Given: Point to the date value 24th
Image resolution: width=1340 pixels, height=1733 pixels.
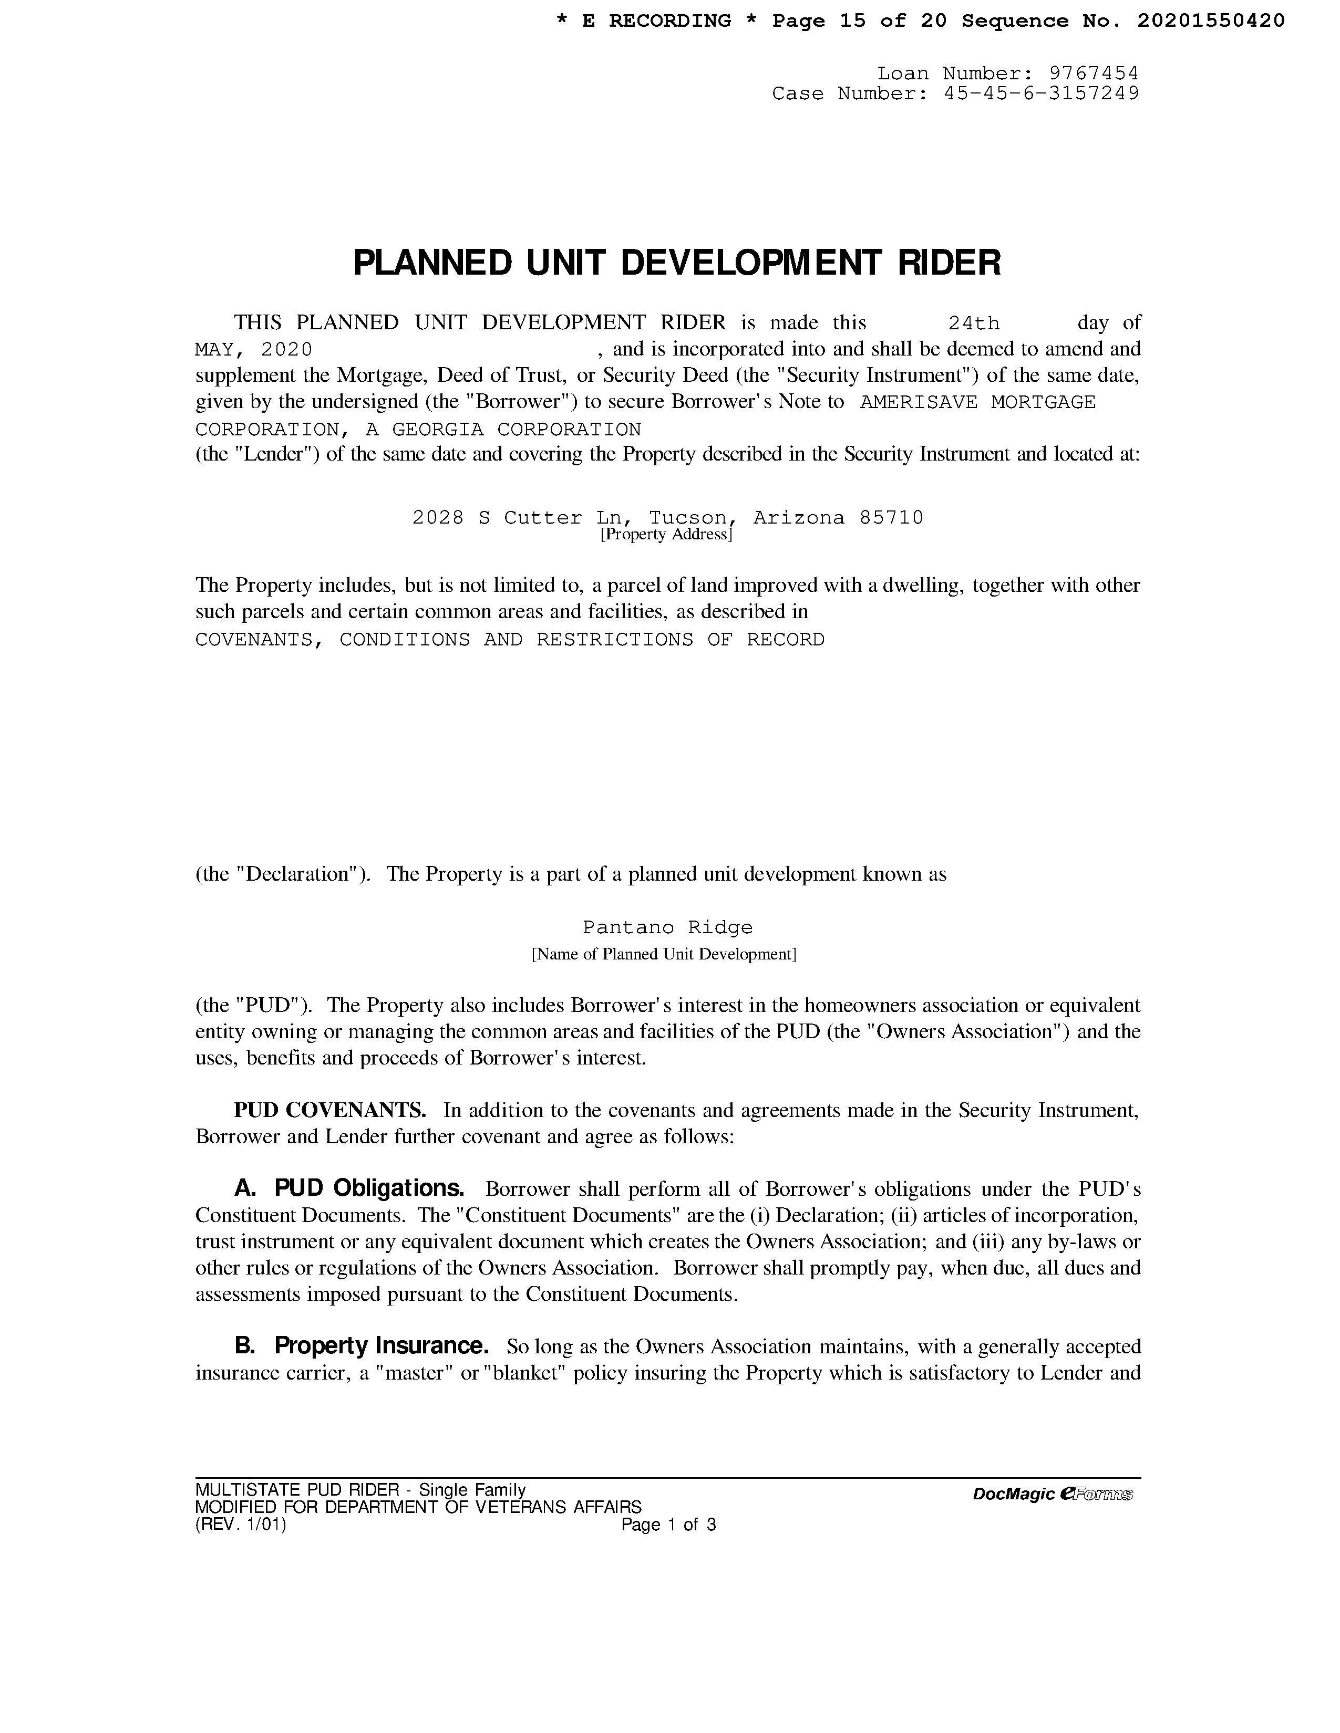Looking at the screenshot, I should pyautogui.click(x=974, y=323).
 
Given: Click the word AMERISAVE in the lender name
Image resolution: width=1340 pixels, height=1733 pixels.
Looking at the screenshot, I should pyautogui.click(x=919, y=402).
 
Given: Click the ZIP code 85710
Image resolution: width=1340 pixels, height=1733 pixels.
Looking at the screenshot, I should pyautogui.click(x=891, y=518).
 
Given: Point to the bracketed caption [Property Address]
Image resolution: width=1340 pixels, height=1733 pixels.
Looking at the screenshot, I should pyautogui.click(x=665, y=535).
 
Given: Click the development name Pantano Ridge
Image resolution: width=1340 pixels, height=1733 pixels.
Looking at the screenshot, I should pyautogui.click(x=667, y=927).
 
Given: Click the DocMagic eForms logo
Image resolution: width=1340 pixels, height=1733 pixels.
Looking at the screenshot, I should pyautogui.click(x=1052, y=1494).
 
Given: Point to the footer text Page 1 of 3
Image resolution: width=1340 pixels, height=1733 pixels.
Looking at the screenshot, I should pyautogui.click(x=668, y=1525).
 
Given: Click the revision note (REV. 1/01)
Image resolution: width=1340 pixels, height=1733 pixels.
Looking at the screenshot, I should pyautogui.click(x=241, y=1525).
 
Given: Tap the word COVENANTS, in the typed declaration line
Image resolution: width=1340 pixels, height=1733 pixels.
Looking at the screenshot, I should pyautogui.click(x=259, y=640).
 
